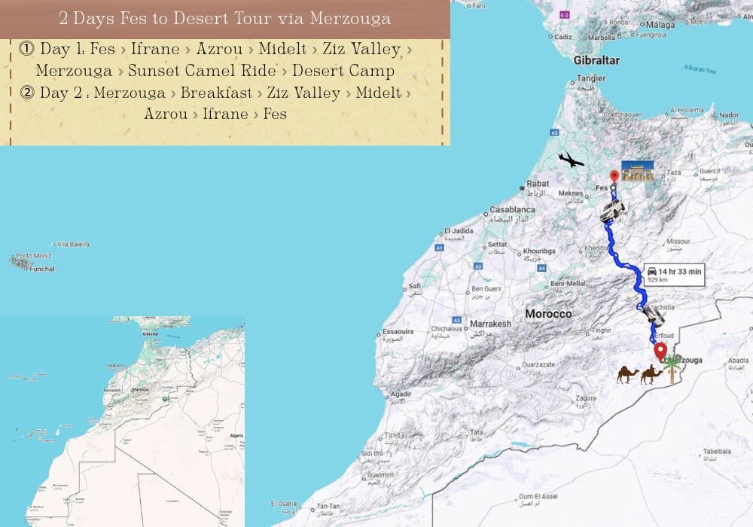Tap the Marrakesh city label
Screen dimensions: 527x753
pos(490,324)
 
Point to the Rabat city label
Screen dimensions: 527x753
pos(538,183)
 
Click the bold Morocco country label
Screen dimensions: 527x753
pos(548,313)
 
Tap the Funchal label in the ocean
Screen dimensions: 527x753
pos(41,268)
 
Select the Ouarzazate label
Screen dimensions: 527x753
pos(535,364)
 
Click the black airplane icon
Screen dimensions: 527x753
pos(571,160)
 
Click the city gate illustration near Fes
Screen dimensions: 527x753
pos(637,170)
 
